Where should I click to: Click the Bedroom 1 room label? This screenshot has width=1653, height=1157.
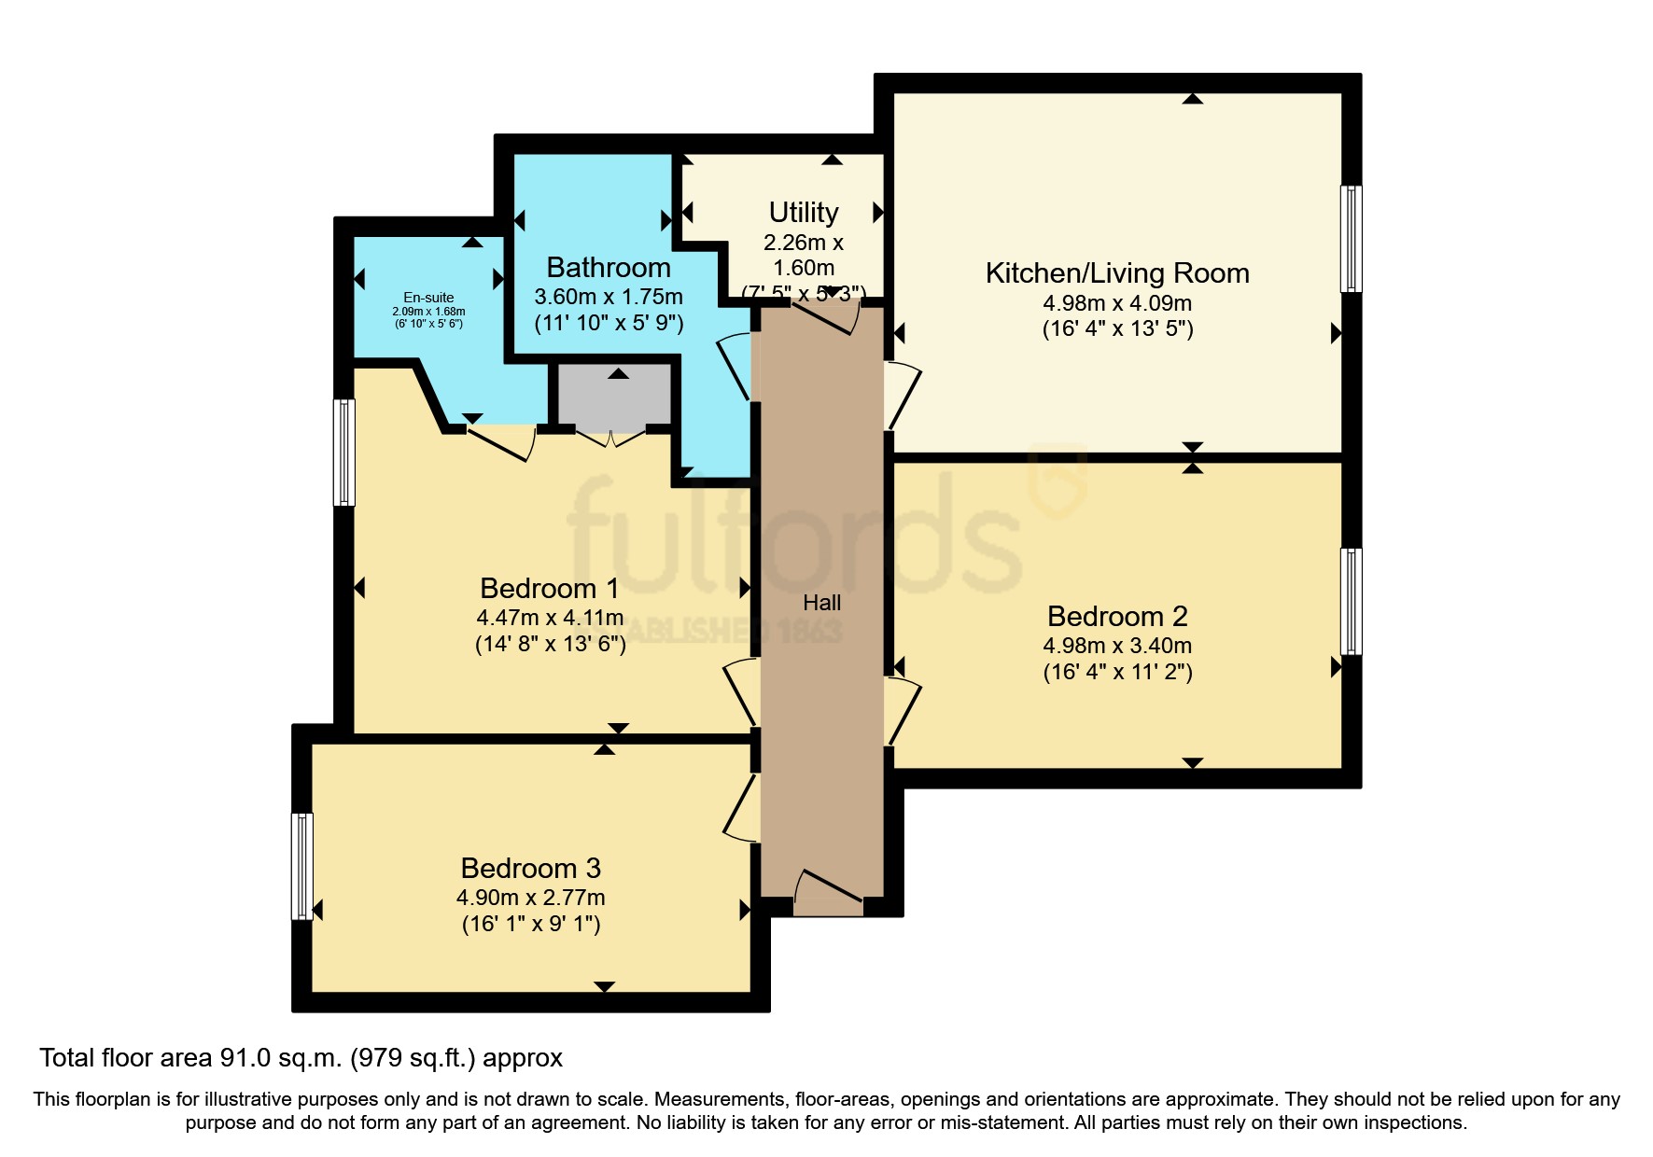coord(549,589)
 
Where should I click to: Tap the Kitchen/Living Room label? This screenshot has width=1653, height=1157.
coord(1117,273)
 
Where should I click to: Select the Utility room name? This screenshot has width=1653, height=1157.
coord(803,213)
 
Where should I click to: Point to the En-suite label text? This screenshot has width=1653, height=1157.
coord(428,298)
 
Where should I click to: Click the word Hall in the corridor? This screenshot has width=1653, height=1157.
coord(821,604)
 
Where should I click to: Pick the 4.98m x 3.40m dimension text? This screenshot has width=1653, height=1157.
coord(1117,646)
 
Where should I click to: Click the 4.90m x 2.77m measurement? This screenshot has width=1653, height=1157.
coord(530,898)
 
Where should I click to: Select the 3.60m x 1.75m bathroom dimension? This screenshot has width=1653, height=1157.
coord(608,298)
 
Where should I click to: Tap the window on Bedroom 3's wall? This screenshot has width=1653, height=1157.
coord(301,866)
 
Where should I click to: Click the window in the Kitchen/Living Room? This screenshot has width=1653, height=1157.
coord(1351,239)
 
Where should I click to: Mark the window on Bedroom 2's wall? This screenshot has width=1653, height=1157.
coord(1351,602)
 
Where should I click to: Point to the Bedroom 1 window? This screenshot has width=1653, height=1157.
coord(344,453)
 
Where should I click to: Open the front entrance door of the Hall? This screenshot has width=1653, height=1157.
coord(829,891)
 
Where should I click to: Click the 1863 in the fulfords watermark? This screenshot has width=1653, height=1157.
coord(809,632)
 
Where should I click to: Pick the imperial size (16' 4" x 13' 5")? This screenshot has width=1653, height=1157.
coord(1117,328)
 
